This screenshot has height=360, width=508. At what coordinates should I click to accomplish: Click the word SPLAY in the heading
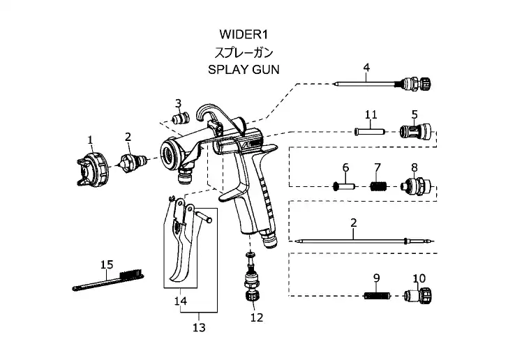pyautogui.click(x=227, y=70)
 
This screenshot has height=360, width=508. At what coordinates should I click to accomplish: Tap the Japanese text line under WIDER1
pyautogui.click(x=243, y=52)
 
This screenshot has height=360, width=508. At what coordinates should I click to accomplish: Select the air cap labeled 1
pyautogui.click(x=91, y=170)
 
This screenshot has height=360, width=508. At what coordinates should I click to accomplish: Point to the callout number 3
pyautogui.click(x=178, y=103)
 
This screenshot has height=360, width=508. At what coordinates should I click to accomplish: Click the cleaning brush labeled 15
pyautogui.click(x=108, y=278)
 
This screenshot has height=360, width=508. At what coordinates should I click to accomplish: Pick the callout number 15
pyautogui.click(x=107, y=264)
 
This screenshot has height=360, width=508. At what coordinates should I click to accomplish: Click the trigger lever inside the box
pyautogui.click(x=183, y=244)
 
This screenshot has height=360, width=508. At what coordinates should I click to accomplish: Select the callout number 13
pyautogui.click(x=200, y=327)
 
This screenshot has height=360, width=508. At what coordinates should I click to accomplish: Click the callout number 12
pyautogui.click(x=256, y=318)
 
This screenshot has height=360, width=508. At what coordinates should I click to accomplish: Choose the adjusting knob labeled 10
pyautogui.click(x=419, y=296)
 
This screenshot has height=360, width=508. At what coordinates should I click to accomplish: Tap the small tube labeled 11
pyautogui.click(x=370, y=130)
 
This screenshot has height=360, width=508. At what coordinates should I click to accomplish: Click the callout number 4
pyautogui.click(x=366, y=68)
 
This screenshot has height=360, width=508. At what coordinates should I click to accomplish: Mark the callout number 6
pyautogui.click(x=345, y=167)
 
